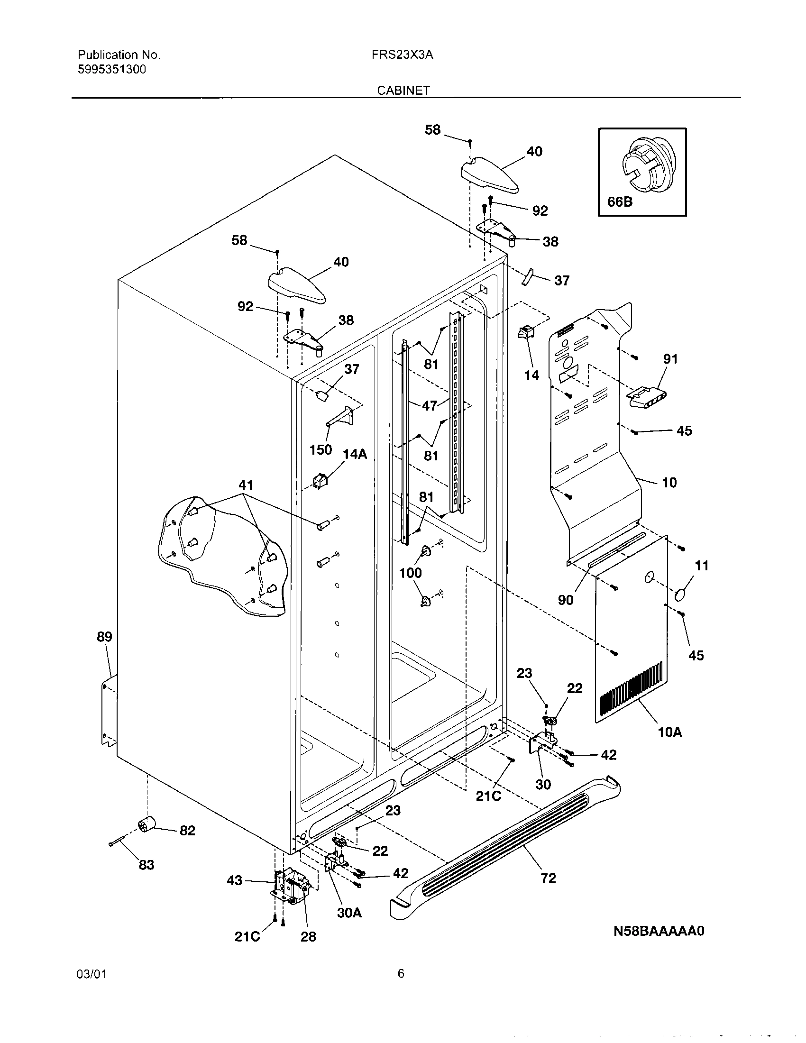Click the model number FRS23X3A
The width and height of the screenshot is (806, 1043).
coord(402,55)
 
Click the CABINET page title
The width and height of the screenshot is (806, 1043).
coord(403,90)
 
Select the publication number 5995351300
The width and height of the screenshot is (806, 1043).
coord(111,70)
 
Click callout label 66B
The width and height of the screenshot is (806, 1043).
coord(620,202)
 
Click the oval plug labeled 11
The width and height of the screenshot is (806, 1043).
coord(681,596)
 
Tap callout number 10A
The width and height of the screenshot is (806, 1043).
coord(669,732)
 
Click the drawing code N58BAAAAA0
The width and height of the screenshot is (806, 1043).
coord(659,931)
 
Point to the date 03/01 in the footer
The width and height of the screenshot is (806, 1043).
coord(91,974)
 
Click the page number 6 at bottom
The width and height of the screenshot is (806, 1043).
coord(401,974)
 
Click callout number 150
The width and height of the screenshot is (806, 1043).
coord(321,449)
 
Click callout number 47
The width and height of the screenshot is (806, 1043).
coord(430,406)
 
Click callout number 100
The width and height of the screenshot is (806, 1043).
coord(410,573)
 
